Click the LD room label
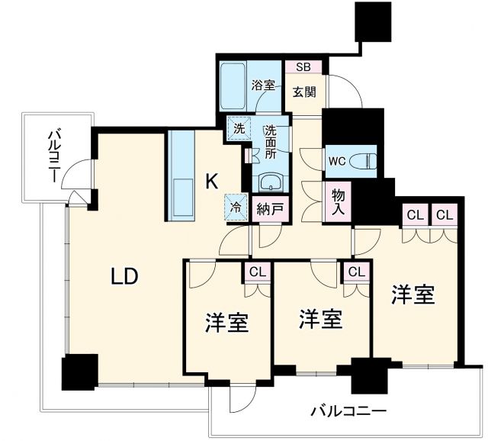124,276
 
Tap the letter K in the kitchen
213,181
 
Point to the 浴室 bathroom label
262,85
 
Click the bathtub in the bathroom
233,85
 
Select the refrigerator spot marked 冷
236,206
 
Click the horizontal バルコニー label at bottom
348,411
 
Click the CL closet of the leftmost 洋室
257,272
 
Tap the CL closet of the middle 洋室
355,272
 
